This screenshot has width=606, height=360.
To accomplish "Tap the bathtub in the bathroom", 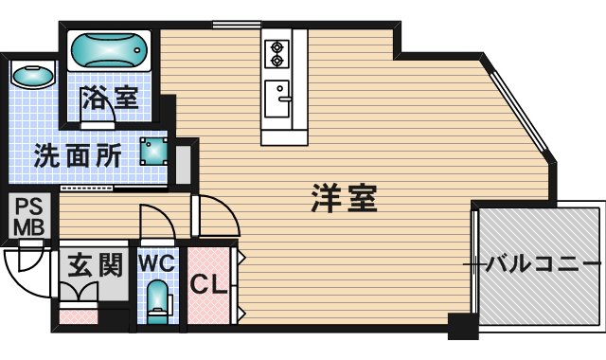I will click(109, 48).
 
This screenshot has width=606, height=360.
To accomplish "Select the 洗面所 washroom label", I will click(78, 155).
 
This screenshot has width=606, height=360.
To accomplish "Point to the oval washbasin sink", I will click(33, 77).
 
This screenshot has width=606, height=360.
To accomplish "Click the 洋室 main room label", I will click(344, 198).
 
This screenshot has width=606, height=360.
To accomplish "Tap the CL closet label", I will click(207, 282).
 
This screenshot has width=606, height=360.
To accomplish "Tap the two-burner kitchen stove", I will click(277, 52).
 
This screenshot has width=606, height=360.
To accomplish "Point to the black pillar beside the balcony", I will click(463, 328).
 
